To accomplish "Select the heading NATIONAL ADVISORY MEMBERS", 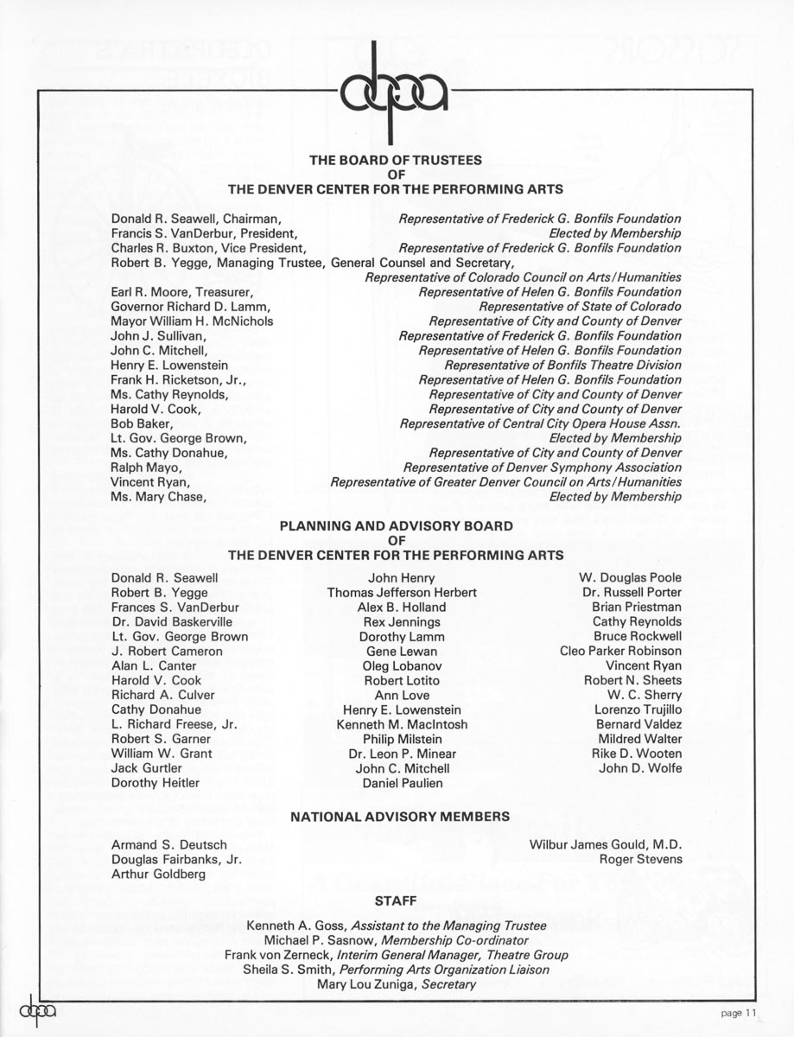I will point(399,816).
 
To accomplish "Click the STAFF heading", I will point(397,900).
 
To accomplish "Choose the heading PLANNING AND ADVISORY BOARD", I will point(397,525).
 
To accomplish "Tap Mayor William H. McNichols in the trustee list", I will point(192,321).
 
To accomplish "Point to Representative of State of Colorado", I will point(580,307).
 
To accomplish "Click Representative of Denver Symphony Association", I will point(542,468).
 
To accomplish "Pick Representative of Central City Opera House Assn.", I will point(540,423).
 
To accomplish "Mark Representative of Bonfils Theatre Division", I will point(562,366).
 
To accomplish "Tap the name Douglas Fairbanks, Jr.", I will point(176,860).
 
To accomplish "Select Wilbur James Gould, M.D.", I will point(605,844).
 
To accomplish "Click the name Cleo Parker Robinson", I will point(620,651).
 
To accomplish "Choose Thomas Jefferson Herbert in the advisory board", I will point(402,593).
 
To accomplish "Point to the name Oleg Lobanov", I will point(402,665).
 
